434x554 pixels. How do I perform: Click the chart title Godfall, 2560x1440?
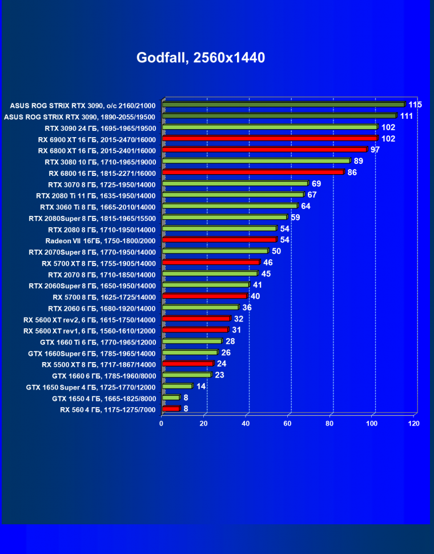coord(200,58)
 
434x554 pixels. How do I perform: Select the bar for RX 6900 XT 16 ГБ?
coord(270,138)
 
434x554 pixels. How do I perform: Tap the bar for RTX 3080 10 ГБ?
coord(256,161)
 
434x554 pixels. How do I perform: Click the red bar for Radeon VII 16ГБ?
coord(220,239)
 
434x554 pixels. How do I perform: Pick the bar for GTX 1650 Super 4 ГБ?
coord(178,386)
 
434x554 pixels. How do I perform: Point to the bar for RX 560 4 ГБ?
coord(171,408)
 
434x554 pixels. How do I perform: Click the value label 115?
coord(415,105)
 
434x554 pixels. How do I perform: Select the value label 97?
coord(375,150)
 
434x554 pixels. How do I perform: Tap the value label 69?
coord(316,183)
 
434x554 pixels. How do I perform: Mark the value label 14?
coord(201,386)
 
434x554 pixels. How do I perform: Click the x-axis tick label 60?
coord(288,424)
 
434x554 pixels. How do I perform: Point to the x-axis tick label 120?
coord(414,424)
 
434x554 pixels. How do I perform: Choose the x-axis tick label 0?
coord(162,424)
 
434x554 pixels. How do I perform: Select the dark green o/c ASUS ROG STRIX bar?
coord(283,105)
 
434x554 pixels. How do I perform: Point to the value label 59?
coord(295,218)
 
